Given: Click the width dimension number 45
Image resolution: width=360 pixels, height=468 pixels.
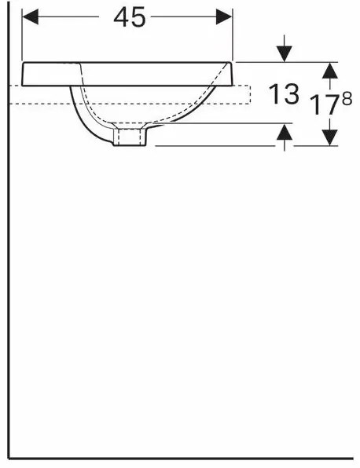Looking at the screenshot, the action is [130, 17].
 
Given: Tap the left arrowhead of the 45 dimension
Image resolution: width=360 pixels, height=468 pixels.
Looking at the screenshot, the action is [30, 16].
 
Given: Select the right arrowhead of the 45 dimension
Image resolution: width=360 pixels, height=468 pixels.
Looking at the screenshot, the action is [224, 16].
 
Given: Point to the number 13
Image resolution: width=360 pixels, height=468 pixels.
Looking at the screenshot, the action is [284, 93].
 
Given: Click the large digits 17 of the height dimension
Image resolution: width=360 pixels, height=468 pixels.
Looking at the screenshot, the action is [323, 104].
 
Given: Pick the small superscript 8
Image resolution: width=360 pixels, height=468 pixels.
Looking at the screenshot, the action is [347, 98].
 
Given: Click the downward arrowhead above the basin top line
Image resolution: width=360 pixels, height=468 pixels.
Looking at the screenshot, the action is [284, 54].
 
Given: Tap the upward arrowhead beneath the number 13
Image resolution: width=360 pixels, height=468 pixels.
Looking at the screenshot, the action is [284, 132].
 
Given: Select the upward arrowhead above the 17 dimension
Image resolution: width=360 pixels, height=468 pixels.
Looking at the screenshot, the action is [330, 71].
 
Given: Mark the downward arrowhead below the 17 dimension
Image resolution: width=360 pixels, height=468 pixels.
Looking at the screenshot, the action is [330, 137].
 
